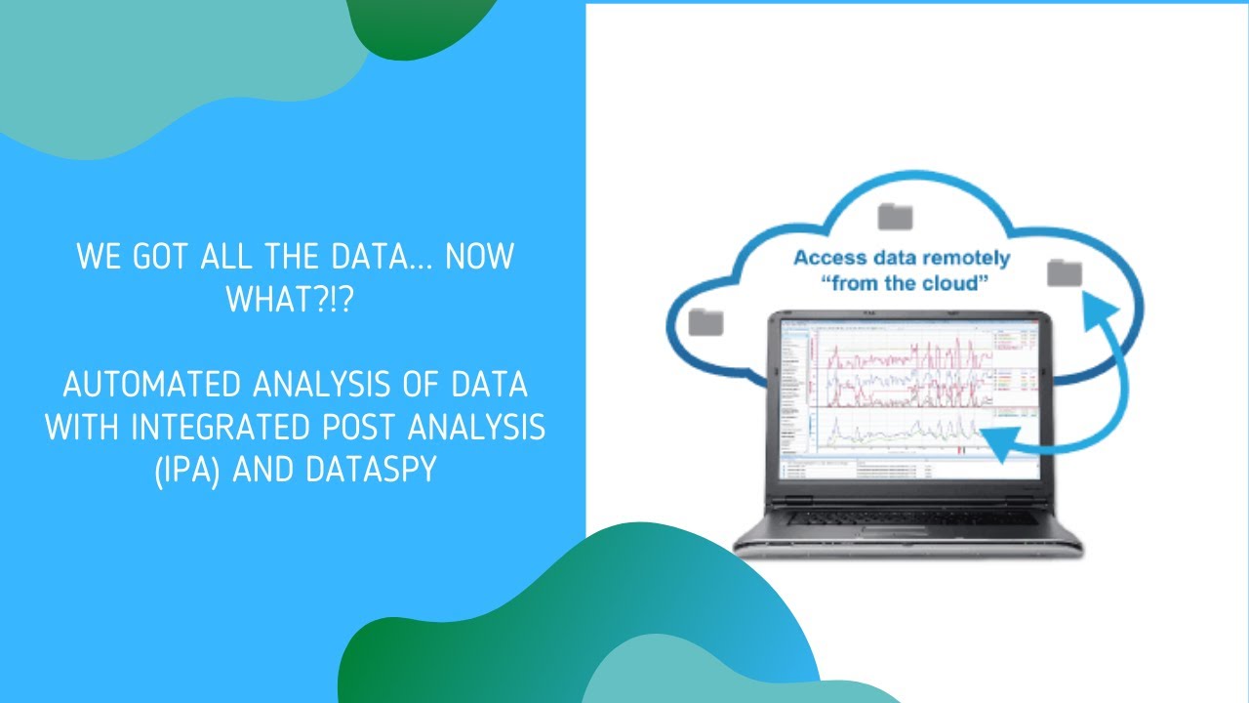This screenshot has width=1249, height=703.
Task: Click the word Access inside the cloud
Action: [828, 259]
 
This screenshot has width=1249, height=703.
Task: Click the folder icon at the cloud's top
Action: [894, 216]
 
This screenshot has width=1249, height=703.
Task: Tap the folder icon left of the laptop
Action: [705, 320]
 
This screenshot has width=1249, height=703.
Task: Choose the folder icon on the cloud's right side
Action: [1064, 273]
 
